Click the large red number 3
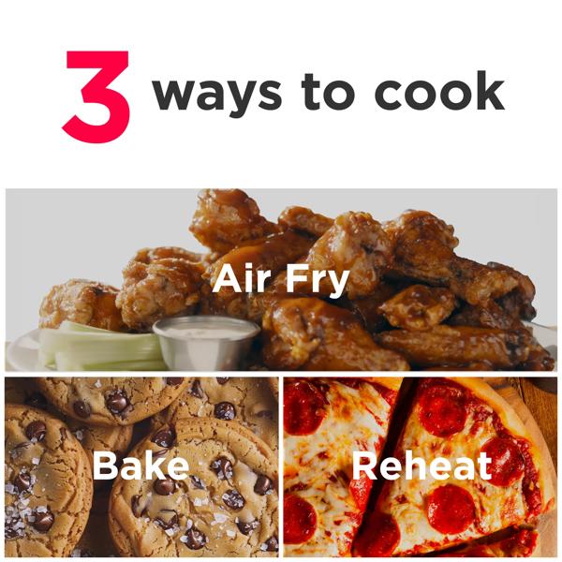coord(96,96)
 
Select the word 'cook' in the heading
coord(439,90)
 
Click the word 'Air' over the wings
coord(241,278)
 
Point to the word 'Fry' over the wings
coord(317,281)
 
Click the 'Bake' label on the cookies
coord(140,466)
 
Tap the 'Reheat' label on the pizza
coord(422,466)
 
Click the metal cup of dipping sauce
coord(207,341)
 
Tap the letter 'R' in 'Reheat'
coord(364,466)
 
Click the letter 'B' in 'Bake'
coord(104,466)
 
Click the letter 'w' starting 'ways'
coord(176,96)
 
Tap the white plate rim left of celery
coord(22,349)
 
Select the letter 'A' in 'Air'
coord(225,279)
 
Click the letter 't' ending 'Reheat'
coord(484,466)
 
